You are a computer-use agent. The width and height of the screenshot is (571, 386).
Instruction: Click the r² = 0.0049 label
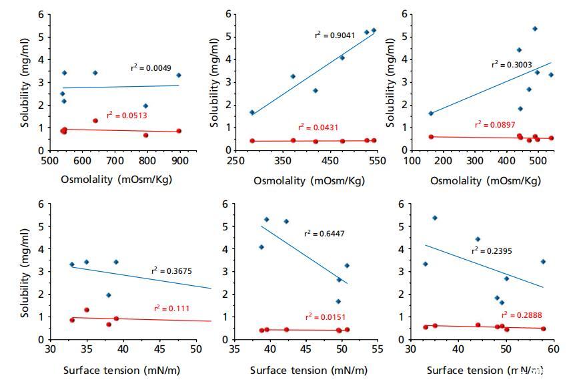[x=151, y=68]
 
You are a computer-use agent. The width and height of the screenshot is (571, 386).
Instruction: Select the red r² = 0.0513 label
[x=127, y=116]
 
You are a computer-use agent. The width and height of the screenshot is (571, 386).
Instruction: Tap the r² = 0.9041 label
[x=335, y=35]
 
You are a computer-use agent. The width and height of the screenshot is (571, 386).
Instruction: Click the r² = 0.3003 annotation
[x=512, y=65]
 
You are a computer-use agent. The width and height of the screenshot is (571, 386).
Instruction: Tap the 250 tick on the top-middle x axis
[x=234, y=161]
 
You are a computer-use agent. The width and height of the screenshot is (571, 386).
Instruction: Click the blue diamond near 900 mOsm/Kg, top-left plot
[x=179, y=75]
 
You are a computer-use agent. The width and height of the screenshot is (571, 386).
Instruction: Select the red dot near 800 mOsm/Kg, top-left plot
[x=146, y=135]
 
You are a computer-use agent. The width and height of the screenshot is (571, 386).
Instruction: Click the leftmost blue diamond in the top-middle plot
[x=252, y=112]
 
